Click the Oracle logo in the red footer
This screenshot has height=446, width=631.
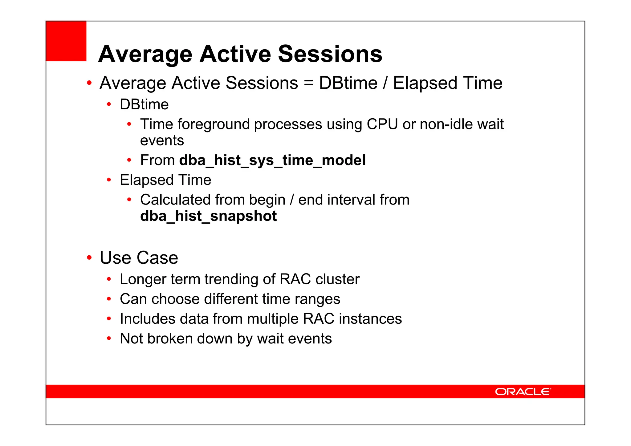523,391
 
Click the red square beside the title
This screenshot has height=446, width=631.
66,41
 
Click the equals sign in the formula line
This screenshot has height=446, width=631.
308,83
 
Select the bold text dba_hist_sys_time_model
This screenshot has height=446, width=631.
272,160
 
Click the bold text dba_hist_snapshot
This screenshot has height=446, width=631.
208,216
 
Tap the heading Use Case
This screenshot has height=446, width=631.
139,257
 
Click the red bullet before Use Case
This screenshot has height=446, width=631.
89,257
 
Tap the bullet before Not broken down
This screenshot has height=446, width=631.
109,339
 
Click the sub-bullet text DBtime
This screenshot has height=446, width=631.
144,104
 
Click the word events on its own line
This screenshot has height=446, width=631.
162,141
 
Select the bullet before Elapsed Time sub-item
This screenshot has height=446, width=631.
109,180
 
